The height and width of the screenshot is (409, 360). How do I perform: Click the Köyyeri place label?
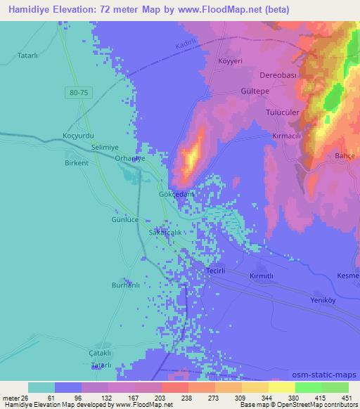(231, 61)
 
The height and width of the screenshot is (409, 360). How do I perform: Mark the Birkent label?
(76, 162)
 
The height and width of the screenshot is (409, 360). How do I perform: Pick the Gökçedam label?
(176, 193)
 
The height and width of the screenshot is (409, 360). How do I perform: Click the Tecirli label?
(215, 271)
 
